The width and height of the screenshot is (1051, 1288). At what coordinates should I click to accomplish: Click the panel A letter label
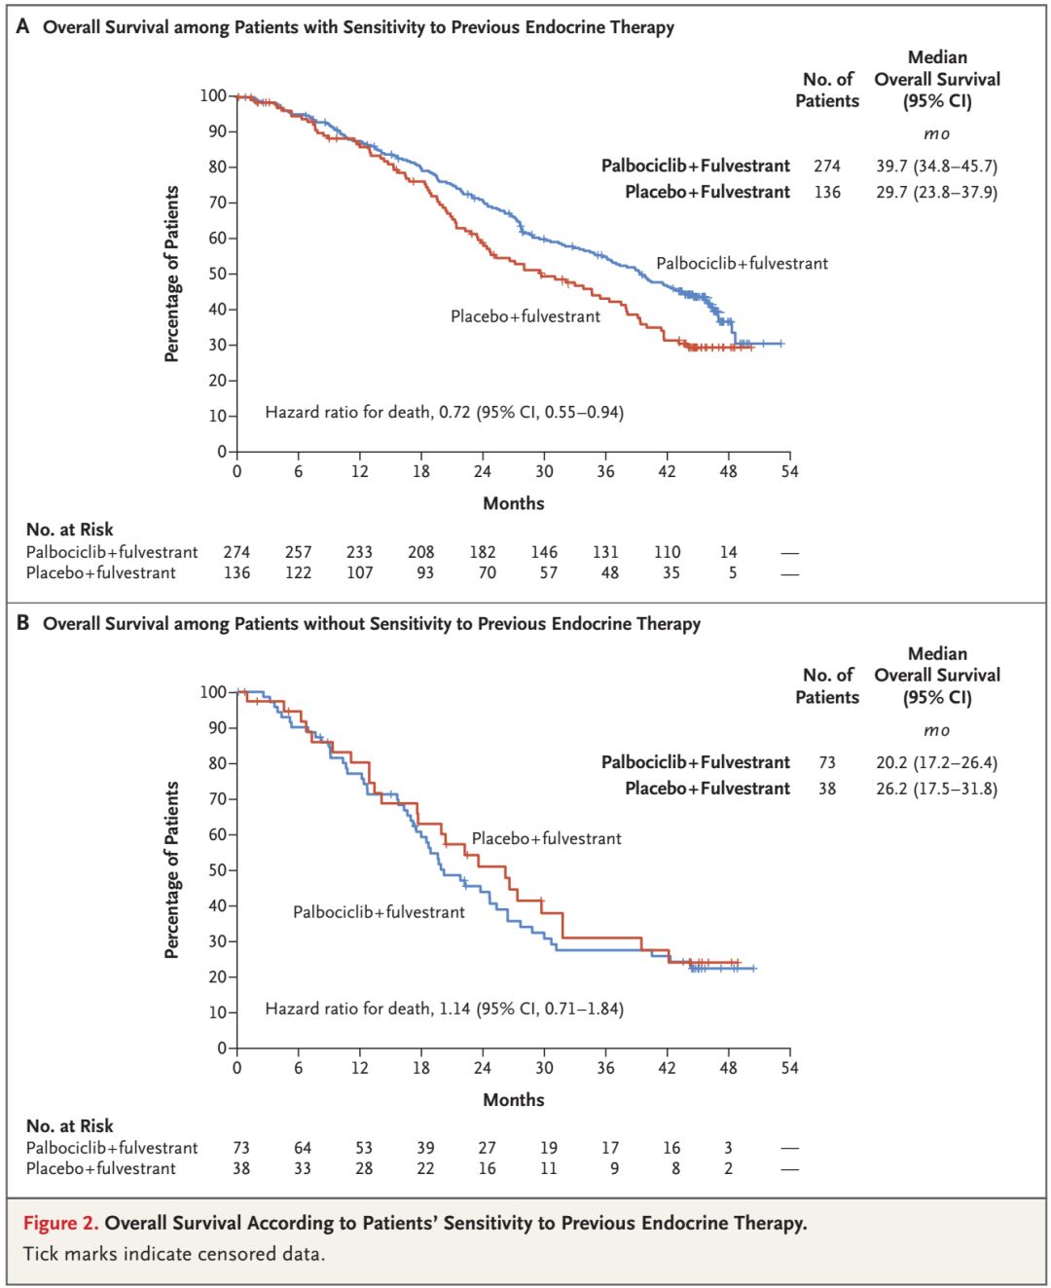[22, 26]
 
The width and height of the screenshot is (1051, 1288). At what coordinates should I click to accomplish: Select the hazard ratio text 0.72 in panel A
[454, 412]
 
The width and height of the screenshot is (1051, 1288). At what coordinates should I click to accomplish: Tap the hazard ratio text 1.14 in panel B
[454, 1009]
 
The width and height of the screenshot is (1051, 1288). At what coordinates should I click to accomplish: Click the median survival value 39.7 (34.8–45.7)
[936, 166]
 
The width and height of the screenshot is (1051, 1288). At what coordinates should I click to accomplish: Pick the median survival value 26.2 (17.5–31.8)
[936, 789]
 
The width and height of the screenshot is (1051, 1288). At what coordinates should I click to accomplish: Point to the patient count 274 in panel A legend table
[827, 166]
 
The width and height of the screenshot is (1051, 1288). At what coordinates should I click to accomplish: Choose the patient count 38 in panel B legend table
[827, 789]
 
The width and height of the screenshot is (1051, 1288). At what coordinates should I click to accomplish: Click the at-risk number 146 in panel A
[544, 552]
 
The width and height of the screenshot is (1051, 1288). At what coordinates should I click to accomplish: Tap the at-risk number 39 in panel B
[425, 1148]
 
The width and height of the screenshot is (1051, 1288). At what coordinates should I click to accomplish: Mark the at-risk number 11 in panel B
[549, 1168]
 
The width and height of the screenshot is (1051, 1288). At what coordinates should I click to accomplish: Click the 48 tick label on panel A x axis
[728, 471]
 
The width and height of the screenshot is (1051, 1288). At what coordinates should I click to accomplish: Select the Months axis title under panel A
[514, 503]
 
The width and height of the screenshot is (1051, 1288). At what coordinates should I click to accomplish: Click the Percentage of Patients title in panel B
[172, 869]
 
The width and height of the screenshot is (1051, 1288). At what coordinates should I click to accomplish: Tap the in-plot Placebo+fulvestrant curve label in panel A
[525, 316]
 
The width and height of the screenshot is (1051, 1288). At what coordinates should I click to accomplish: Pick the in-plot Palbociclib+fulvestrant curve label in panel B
[379, 912]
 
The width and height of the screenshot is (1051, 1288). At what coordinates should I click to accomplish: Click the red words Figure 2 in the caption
[60, 1223]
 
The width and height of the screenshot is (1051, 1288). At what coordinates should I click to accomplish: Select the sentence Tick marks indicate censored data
[174, 1254]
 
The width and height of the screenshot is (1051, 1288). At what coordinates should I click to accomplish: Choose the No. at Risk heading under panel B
[69, 1125]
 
